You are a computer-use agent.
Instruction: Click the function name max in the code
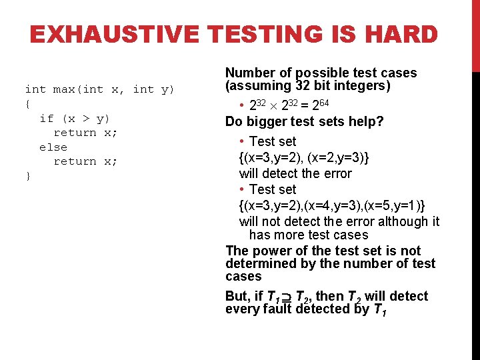64,89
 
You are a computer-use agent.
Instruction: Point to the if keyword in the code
47,119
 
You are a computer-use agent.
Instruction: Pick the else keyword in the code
53,147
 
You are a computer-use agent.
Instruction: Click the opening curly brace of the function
27,104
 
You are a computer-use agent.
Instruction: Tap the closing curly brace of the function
27,176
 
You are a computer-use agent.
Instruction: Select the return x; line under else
85,161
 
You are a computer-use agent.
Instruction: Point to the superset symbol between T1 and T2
286,297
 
